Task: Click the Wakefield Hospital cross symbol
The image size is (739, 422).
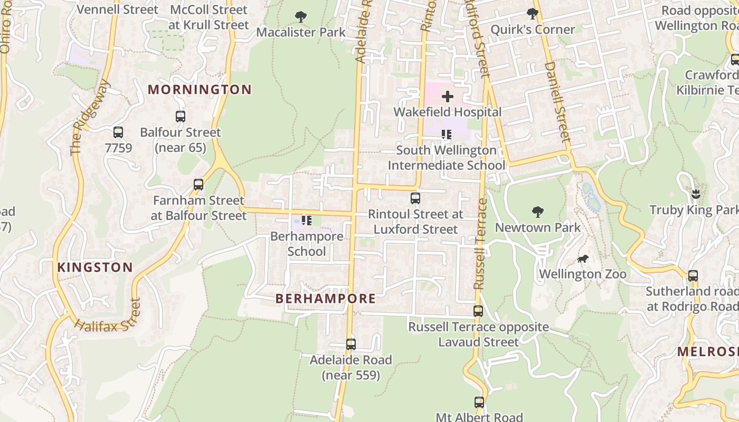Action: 447,97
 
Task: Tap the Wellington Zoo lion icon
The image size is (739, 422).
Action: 583,258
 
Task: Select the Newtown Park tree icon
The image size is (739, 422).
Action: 537,212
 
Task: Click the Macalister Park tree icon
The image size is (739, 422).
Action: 300,17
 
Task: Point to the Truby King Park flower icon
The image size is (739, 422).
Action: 696,194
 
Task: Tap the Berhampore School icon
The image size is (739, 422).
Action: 306,220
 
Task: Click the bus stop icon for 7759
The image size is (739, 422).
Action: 118,132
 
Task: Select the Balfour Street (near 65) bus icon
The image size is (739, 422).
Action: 181,117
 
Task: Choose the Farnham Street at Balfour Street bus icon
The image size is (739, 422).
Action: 198,185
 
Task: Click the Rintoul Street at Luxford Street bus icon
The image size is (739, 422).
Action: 415,198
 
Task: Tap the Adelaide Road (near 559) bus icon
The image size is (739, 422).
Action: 351,344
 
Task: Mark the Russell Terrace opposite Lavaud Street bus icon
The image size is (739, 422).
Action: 478,311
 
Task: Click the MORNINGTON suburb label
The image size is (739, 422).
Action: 200,90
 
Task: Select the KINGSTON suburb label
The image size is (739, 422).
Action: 95,267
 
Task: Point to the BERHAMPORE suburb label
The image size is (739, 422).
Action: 326,299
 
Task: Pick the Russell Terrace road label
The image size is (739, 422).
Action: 479,244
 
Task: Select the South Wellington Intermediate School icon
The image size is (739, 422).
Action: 447,135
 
